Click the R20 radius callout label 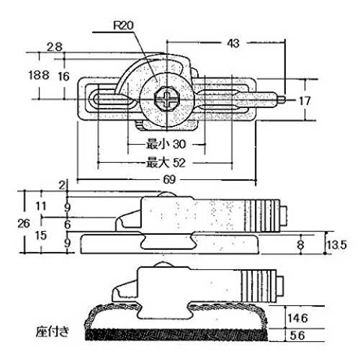123,25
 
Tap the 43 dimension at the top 233,43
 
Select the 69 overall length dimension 169,179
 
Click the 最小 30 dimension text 166,144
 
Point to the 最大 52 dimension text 166,163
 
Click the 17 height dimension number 305,101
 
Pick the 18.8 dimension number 39,75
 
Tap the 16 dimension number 63,76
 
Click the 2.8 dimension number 55,47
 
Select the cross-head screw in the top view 167,99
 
